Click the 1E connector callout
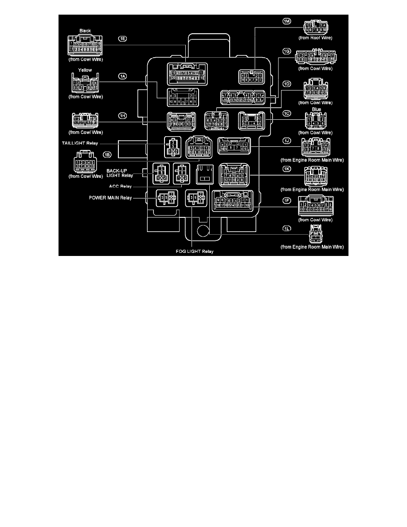[x=122, y=39]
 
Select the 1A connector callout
[x=122, y=76]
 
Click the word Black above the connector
[x=85, y=31]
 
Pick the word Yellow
[x=85, y=70]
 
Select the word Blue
[x=316, y=109]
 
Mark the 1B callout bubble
[x=107, y=154]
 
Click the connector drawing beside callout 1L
[x=315, y=234]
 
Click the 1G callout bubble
[x=286, y=51]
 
